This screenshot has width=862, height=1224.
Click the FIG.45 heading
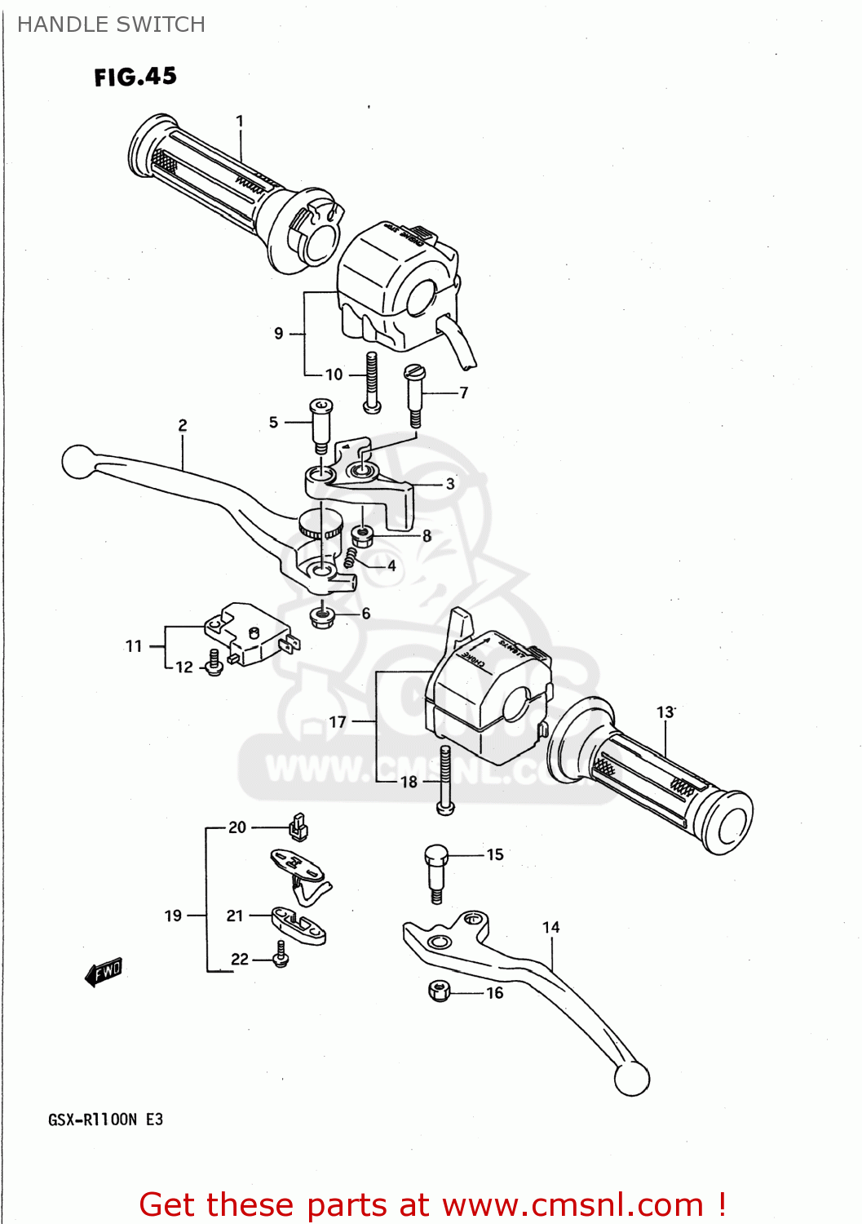coord(135,77)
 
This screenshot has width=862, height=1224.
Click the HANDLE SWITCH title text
coord(111,24)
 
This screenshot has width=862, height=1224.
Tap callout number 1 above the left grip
coord(240,121)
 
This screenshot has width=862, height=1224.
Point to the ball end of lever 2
coord(78,462)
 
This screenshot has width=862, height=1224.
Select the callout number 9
coord(279,333)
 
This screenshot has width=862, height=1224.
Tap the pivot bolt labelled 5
coord(320,424)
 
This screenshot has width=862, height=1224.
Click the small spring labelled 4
coord(351,558)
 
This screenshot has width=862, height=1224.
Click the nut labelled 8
coord(362,536)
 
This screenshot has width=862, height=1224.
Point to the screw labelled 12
coord(214,662)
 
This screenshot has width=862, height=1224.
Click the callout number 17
coord(338,722)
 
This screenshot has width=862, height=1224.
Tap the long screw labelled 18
coord(444,778)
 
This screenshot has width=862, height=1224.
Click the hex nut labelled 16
coord(439,991)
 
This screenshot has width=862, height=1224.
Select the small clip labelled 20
coord(298,827)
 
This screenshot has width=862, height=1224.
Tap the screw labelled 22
coord(281,955)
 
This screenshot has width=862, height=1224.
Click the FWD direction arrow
coord(104,972)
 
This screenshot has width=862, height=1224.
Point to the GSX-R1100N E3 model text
coord(105,1120)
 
